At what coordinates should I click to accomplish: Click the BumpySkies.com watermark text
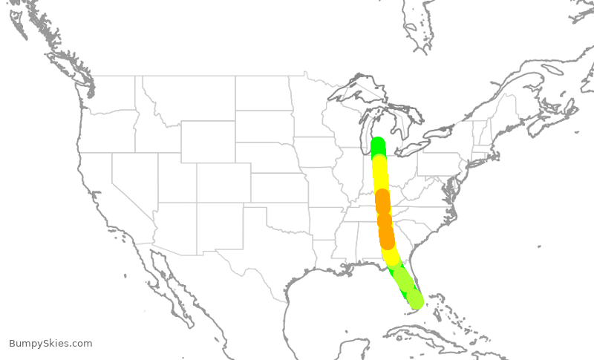[50, 343]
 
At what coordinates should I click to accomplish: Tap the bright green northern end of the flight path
[377, 145]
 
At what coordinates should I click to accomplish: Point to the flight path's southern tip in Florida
[415, 300]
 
